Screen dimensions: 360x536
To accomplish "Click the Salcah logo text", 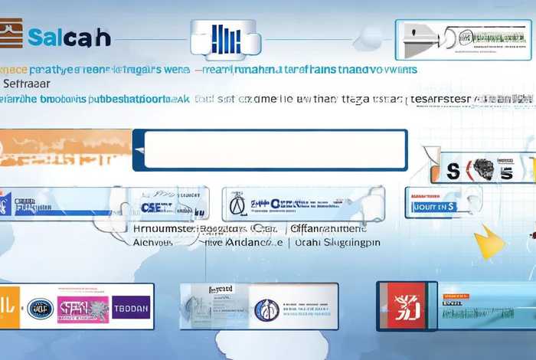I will click(x=69, y=37).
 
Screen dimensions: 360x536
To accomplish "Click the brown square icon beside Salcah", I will click(x=11, y=35).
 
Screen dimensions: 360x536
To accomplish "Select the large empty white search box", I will click(x=270, y=149).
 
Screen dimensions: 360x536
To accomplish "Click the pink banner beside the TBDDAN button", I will click(x=83, y=308).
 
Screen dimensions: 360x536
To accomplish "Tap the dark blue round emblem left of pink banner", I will click(x=40, y=308).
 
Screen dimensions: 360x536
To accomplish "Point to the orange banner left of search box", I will click(x=65, y=148).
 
